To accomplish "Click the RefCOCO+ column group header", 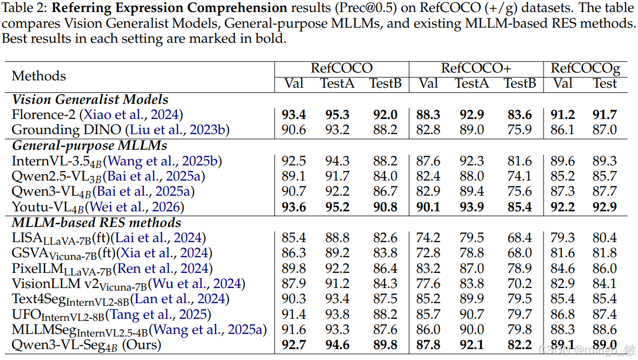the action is click(x=476, y=68).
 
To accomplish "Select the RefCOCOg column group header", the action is click(x=585, y=69).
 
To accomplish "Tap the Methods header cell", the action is click(x=39, y=76).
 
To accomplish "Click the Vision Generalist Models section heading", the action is click(x=90, y=100).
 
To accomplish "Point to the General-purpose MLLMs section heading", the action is click(x=89, y=146).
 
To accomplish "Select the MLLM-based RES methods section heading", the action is click(x=96, y=223).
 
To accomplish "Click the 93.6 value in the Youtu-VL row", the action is click(x=293, y=207).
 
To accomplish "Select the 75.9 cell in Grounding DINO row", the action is click(x=519, y=130).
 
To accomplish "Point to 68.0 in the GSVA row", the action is click(x=519, y=253).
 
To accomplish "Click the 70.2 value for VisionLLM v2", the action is click(x=519, y=284).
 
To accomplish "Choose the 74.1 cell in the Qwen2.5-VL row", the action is click(x=519, y=176).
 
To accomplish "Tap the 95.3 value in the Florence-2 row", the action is click(x=337, y=115).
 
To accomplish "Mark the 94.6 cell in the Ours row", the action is click(x=337, y=345).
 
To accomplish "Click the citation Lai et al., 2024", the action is click(x=158, y=237).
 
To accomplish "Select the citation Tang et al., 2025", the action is click(x=158, y=315).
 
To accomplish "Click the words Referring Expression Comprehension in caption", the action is click(x=169, y=8).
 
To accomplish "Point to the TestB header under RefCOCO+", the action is click(x=520, y=83).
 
